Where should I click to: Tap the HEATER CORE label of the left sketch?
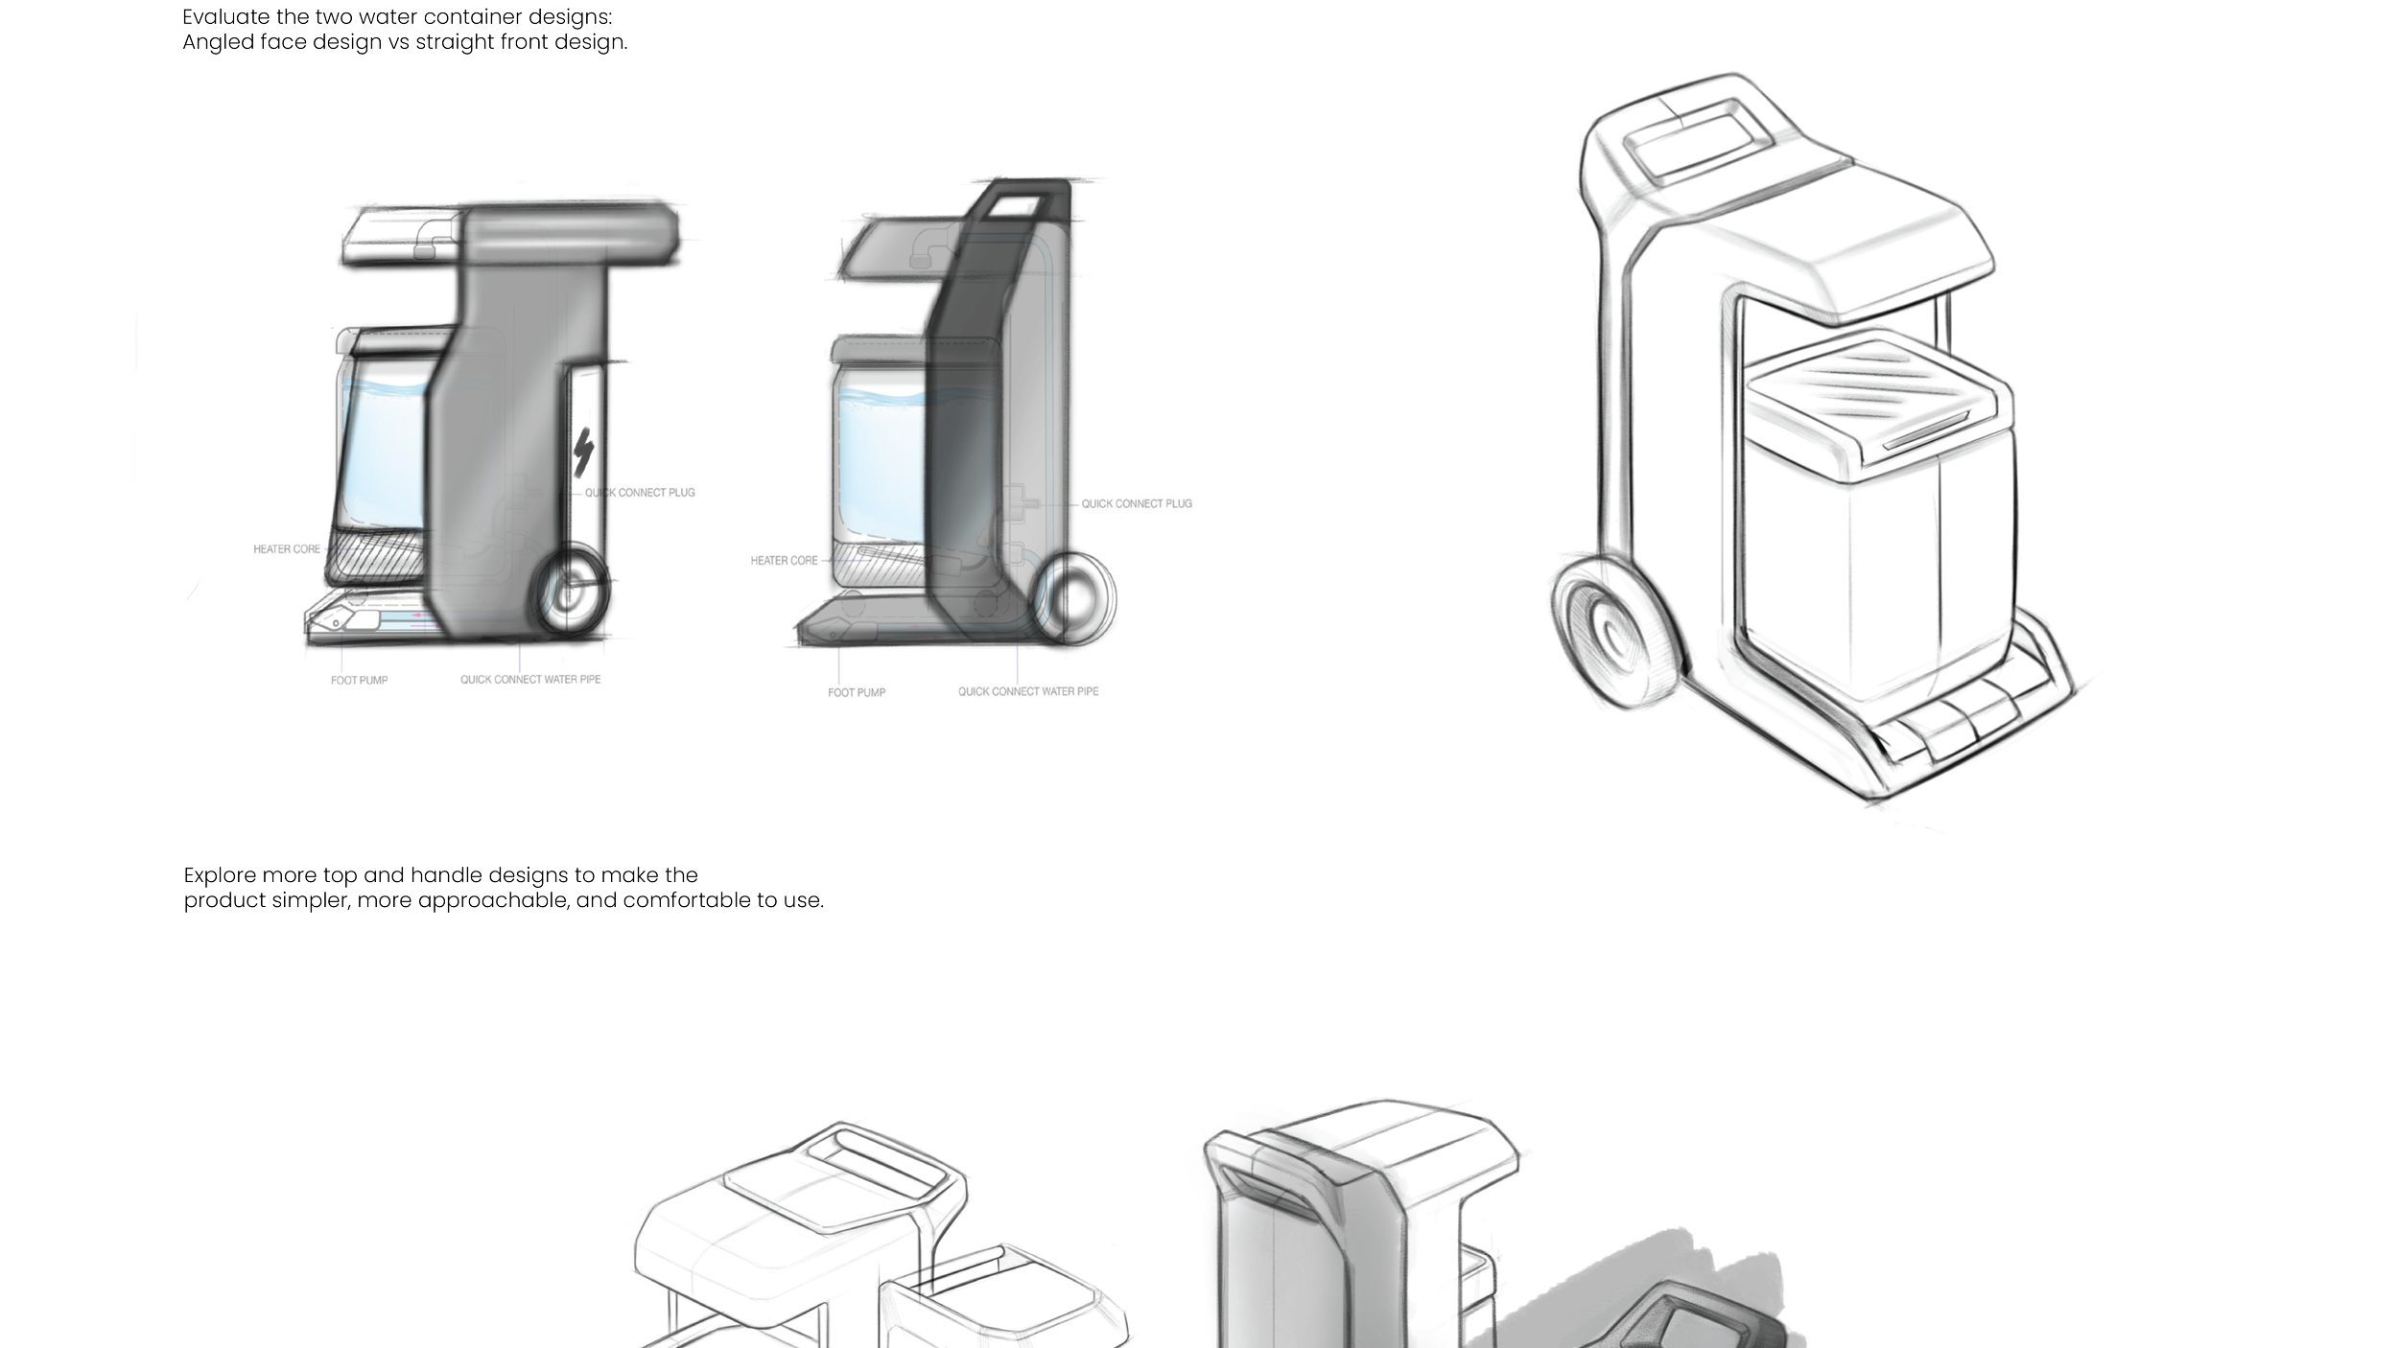287,549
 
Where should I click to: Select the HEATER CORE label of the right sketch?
784,561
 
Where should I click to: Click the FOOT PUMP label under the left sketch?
359,681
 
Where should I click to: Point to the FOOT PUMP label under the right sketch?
857,692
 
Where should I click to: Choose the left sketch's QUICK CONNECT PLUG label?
640,493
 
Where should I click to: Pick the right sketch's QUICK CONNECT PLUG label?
1137,503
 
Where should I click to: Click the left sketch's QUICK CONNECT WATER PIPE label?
530,680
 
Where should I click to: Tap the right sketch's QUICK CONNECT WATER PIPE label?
1028,691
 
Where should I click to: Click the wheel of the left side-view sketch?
572,590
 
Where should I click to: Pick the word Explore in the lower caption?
220,875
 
